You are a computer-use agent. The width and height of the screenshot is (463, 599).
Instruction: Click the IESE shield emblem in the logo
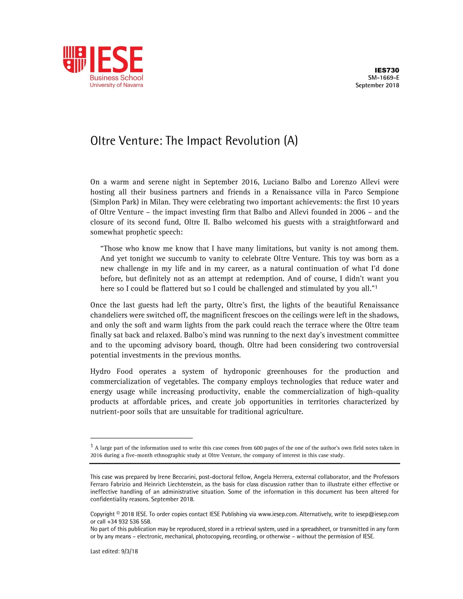pos(75,59)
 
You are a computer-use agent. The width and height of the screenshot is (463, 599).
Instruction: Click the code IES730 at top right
pos(387,70)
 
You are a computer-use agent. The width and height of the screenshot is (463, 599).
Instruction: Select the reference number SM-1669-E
pos(384,78)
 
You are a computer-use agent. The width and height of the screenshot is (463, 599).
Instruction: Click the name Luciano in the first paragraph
pos(276,182)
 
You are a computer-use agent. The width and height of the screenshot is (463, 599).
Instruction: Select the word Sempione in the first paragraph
pos(383,192)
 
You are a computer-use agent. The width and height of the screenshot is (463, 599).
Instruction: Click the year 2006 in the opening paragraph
pos(357,212)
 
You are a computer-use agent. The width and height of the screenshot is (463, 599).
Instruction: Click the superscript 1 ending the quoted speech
pos(376,287)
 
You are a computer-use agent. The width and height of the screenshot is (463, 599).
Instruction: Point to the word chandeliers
pos(109,315)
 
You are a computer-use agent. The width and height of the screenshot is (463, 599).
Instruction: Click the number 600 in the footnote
pos(258,448)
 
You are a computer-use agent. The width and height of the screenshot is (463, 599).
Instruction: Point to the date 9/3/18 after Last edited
pos(129,551)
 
